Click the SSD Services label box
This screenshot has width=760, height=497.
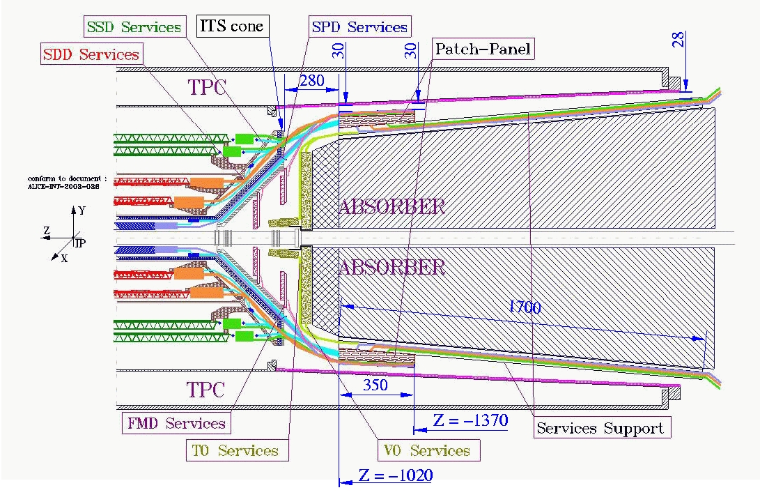(x=134, y=28)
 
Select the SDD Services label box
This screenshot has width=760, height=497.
(x=91, y=54)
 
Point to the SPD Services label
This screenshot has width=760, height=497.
(x=359, y=27)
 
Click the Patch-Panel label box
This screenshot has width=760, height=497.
(x=483, y=49)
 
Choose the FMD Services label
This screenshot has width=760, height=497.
(x=176, y=423)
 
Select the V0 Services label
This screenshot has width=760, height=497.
(x=428, y=450)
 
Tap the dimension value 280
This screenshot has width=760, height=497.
(x=311, y=82)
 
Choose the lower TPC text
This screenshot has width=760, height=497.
(x=208, y=388)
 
